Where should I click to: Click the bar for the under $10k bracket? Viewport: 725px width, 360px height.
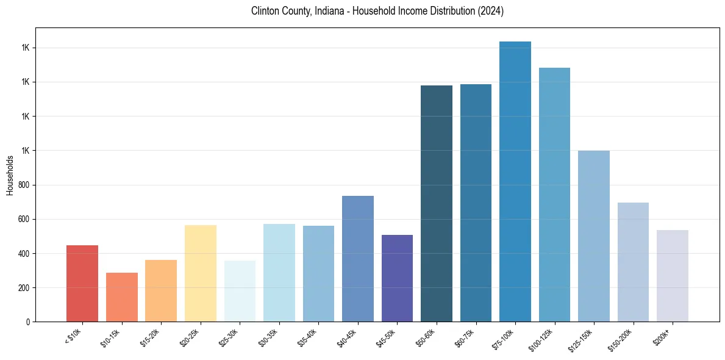pyautogui.click(x=82, y=284)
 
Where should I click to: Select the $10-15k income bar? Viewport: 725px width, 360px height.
pyautogui.click(x=122, y=297)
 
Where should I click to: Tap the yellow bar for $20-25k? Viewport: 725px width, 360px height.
pyautogui.click(x=201, y=273)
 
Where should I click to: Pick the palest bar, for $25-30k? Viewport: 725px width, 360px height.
pyautogui.click(x=240, y=291)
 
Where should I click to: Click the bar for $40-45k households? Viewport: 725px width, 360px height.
pyautogui.click(x=358, y=259)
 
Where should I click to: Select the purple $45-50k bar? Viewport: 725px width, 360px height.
pyautogui.click(x=397, y=278)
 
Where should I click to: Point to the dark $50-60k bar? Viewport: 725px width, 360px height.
pyautogui.click(x=437, y=204)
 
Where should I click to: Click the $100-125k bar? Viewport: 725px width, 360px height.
pyautogui.click(x=554, y=195)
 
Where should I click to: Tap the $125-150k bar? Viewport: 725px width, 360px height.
pyautogui.click(x=594, y=236)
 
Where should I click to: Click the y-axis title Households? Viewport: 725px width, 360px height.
pyautogui.click(x=10, y=175)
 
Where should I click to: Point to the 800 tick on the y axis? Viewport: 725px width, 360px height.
pyautogui.click(x=24, y=185)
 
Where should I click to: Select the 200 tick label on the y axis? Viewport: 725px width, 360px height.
pyautogui.click(x=24, y=287)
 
